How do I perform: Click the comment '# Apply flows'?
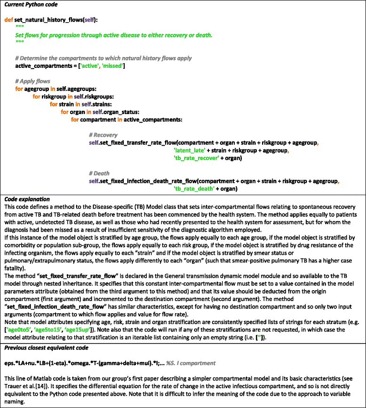(33, 81)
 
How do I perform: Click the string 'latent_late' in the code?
(189, 150)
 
